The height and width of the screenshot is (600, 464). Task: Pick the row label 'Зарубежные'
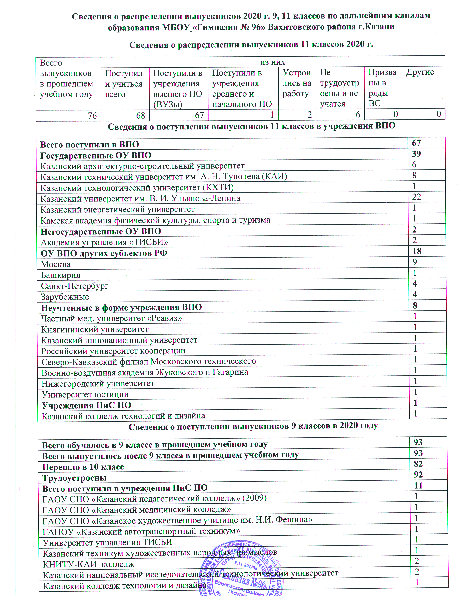pyautogui.click(x=65, y=297)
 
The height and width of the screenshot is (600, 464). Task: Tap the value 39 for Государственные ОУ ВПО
pyautogui.click(x=416, y=154)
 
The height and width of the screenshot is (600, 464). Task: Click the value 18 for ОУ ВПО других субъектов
pyautogui.click(x=417, y=251)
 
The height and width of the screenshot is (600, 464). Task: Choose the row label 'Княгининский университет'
pyautogui.click(x=95, y=329)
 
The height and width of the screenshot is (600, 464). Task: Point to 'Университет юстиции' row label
pyautogui.click(x=85, y=395)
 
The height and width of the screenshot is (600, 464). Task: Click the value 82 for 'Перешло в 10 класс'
pyautogui.click(x=418, y=464)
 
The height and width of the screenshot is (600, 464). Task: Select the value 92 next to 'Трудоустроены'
pyautogui.click(x=418, y=475)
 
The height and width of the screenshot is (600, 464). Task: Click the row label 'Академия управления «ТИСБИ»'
pyautogui.click(x=104, y=242)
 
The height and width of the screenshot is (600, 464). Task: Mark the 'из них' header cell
pyautogui.click(x=272, y=62)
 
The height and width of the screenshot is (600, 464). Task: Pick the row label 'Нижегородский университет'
pyautogui.click(x=98, y=383)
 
